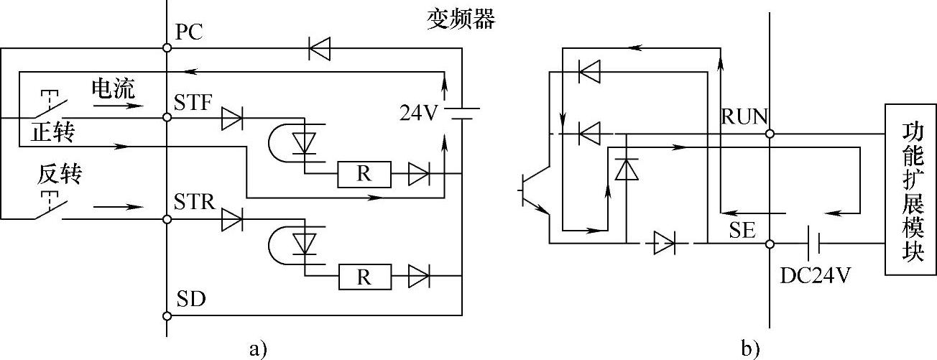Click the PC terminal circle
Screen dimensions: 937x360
coord(167,48)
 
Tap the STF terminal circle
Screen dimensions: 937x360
coord(167,118)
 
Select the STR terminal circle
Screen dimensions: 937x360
coord(167,219)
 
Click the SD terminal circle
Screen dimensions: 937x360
coord(167,316)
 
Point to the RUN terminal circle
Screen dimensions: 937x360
coord(770,134)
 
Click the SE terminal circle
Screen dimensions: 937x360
coord(770,244)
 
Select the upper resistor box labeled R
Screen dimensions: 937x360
coord(364,175)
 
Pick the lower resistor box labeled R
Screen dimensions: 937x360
coord(365,277)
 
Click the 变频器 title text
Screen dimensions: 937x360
coord(461,19)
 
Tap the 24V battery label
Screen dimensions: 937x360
coord(418,112)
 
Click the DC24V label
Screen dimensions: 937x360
coord(816,275)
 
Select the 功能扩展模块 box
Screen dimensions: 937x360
coord(910,190)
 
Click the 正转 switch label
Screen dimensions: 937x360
coord(52,132)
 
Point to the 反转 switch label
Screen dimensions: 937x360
coord(60,174)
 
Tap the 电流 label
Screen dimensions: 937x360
coord(114,88)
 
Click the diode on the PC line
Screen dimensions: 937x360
coord(320,48)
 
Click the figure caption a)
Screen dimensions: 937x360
coord(258,349)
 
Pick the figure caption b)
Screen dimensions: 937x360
coord(750,348)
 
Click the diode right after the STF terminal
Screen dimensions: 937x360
coord(232,118)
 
